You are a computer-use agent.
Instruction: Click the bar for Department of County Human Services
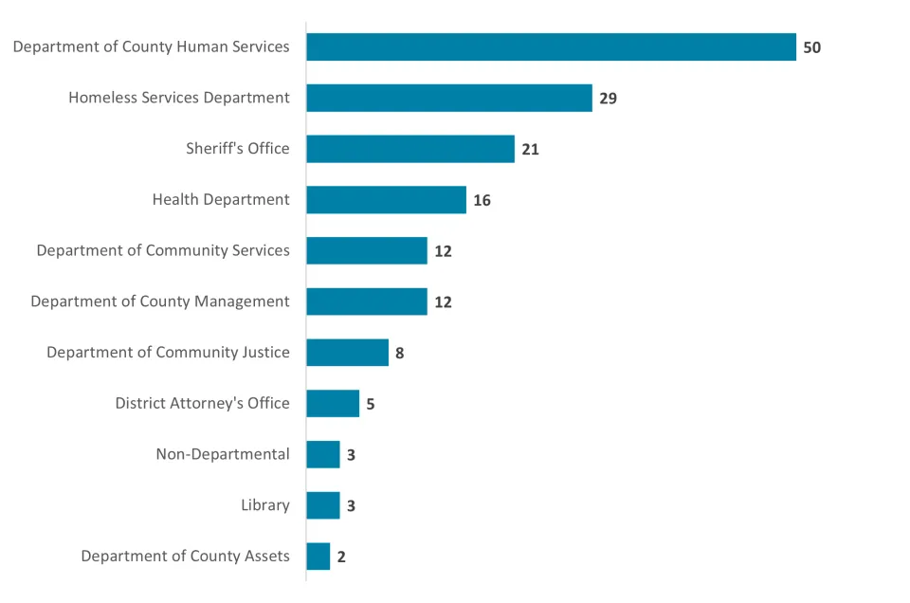tap(551, 47)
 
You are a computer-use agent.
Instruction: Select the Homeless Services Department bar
tap(449, 98)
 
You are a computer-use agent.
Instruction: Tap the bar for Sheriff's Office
tap(410, 149)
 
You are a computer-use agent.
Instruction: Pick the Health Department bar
tap(386, 200)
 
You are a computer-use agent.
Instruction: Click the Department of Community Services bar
tap(367, 250)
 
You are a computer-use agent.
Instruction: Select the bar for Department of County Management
tap(367, 301)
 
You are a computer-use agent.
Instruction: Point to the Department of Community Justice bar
tap(347, 353)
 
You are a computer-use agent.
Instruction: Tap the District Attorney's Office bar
tap(333, 403)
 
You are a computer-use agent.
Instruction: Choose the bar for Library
tap(323, 505)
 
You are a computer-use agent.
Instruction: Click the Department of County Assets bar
tap(318, 557)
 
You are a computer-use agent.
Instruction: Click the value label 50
tap(811, 47)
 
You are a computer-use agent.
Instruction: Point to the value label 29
tap(608, 98)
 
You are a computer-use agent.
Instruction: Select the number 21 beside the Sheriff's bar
tap(530, 149)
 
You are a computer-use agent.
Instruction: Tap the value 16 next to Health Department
tap(482, 200)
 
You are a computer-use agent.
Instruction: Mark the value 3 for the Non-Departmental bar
tap(351, 455)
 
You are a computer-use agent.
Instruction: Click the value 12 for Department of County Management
tap(443, 302)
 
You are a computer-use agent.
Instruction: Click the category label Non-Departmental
tap(223, 454)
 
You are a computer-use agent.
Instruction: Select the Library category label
tap(265, 505)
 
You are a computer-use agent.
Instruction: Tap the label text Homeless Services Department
tap(179, 98)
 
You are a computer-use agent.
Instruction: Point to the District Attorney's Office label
tap(203, 403)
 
